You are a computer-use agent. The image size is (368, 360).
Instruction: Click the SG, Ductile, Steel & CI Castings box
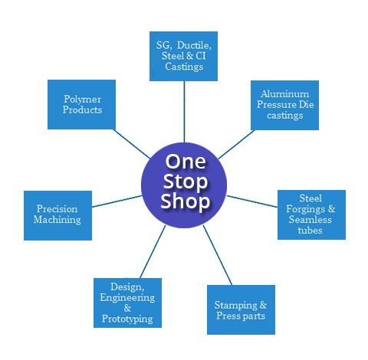coord(184,56)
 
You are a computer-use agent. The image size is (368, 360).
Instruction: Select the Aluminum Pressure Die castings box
coord(284,104)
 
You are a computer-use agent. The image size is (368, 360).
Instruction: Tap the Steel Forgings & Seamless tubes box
coord(311,214)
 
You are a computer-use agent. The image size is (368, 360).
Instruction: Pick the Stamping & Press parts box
coord(241,309)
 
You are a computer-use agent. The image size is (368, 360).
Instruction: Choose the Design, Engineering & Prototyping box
coord(127,303)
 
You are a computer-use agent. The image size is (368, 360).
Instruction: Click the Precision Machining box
coord(58,214)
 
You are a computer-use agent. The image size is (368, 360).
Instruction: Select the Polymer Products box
coord(81,104)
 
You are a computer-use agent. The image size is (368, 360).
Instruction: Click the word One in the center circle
coord(184,163)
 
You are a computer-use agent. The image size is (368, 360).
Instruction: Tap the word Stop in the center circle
coord(184,182)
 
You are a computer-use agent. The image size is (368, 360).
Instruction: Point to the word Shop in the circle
coord(184,201)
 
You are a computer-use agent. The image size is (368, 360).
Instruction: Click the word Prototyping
coord(127,319)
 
